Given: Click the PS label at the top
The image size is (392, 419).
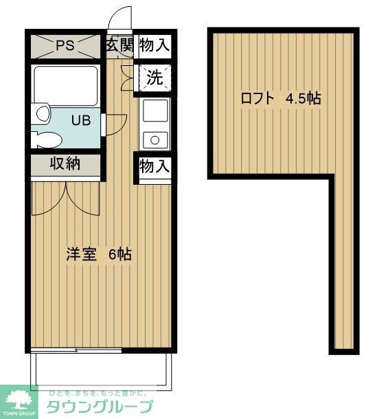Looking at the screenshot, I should click(65, 46).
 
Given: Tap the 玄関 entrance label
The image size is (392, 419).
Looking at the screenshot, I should click(119, 46).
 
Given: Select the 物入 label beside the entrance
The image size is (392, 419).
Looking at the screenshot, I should click(154, 46).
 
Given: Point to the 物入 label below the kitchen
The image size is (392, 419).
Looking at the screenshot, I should click(154, 166).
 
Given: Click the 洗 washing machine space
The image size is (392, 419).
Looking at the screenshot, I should click(154, 78).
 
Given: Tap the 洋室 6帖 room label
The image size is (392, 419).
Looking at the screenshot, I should click(99, 254).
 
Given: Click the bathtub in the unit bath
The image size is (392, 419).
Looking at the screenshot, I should click(66, 85).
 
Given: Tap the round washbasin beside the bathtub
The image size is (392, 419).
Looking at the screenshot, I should click(43, 113).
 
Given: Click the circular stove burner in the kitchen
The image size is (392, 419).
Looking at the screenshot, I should click(155, 140).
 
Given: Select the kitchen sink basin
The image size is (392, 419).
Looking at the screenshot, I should click(154, 110).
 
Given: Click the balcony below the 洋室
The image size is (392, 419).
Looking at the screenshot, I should click(100, 371).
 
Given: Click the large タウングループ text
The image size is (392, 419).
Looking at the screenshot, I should click(100, 406).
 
